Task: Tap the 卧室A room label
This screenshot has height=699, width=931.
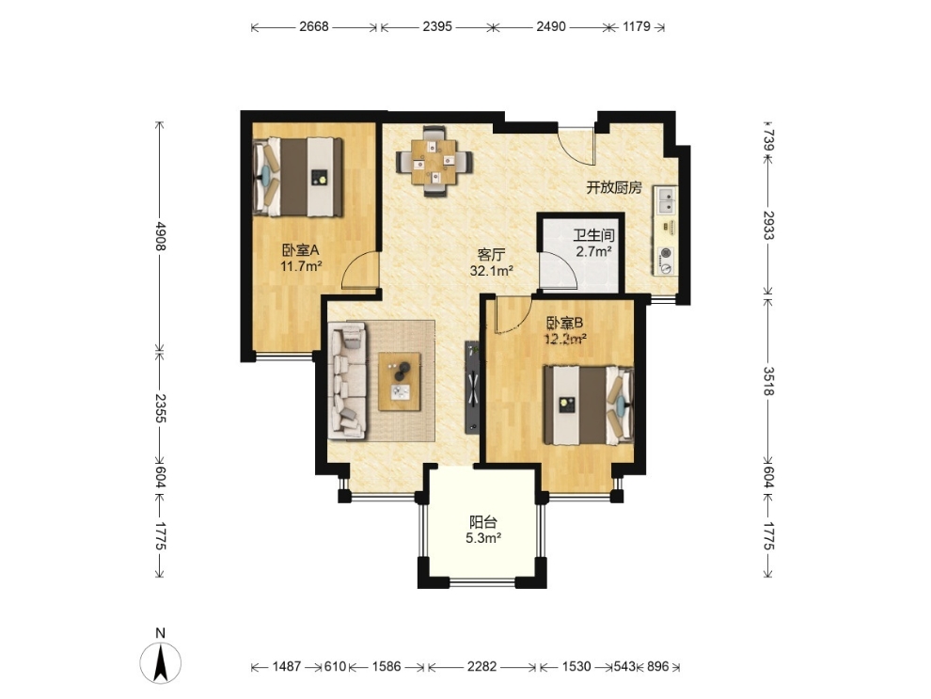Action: point(300,250)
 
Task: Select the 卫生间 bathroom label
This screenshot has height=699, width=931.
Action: point(593,236)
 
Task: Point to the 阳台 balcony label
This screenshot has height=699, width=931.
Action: point(482,523)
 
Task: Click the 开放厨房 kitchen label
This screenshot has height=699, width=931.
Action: point(614,187)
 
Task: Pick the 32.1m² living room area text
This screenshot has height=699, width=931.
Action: point(491,271)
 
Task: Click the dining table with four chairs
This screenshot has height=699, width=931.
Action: point(434,161)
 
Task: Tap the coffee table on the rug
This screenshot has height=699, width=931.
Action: point(400,381)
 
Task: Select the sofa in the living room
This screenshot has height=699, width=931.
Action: point(349,381)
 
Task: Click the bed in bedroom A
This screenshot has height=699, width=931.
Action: point(299,177)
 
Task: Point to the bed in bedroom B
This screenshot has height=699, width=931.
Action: point(589,405)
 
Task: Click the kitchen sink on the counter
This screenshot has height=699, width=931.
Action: point(666,200)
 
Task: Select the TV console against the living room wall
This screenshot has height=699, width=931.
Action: point(472,386)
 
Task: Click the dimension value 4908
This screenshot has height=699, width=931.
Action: point(159,236)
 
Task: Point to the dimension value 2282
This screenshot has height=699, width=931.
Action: point(481,666)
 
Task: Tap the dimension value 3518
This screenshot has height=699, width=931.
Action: point(768,381)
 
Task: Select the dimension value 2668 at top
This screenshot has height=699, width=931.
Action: point(313,26)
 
